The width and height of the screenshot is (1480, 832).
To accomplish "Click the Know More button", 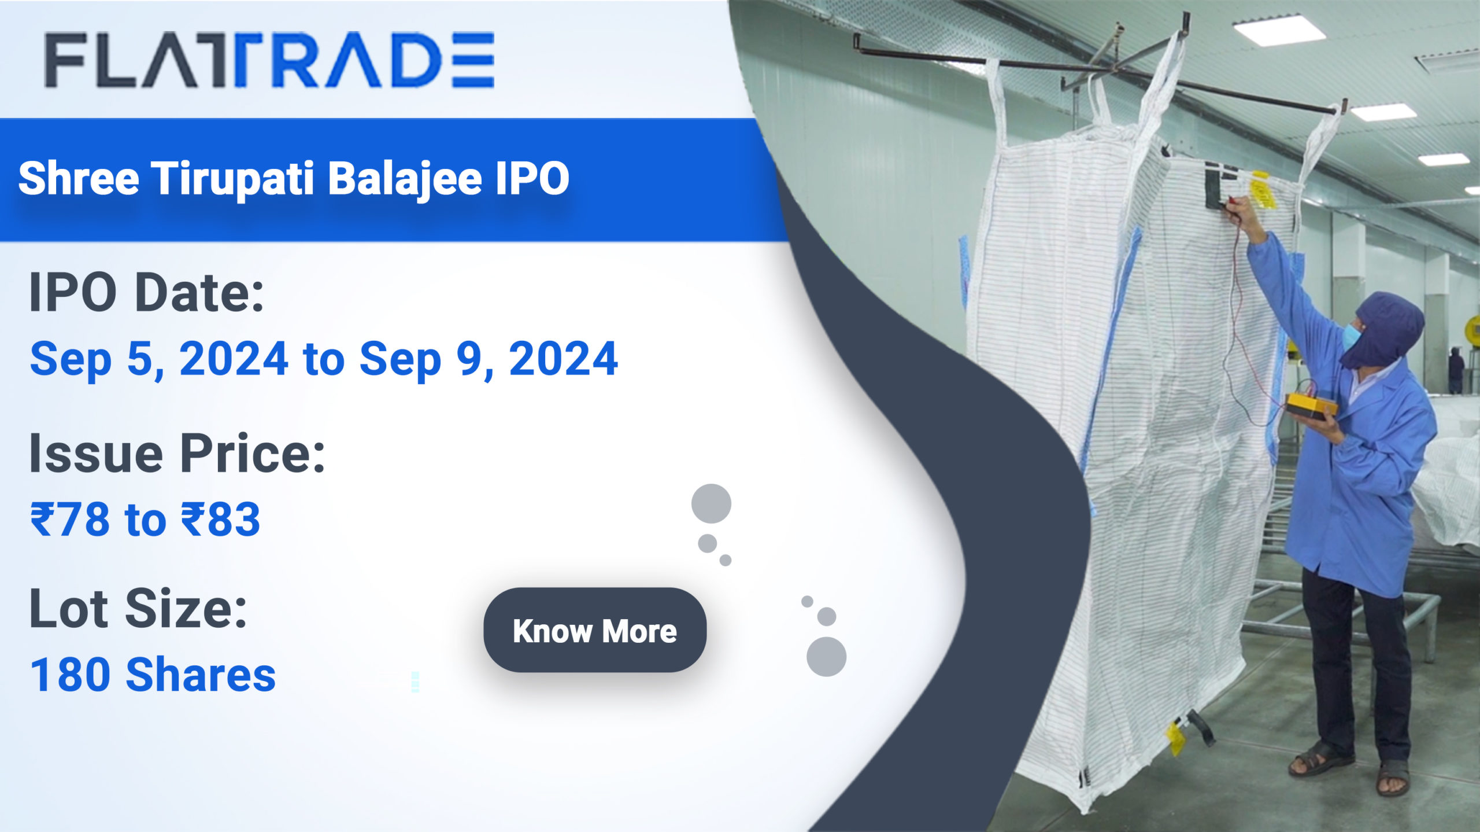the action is click(x=595, y=630).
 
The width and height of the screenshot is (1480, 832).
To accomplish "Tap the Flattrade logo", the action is click(x=269, y=60).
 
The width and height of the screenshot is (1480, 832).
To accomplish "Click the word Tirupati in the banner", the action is click(x=234, y=179).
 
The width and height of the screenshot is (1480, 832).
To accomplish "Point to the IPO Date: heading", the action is click(x=147, y=292).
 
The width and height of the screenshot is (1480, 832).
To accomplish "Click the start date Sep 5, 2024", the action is click(x=159, y=359).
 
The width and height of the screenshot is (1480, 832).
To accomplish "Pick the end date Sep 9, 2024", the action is click(x=489, y=359).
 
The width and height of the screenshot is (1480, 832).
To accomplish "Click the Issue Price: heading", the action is click(x=177, y=453).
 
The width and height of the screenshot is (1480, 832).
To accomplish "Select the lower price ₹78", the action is click(x=70, y=519).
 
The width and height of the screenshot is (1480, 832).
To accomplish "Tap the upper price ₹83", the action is click(x=221, y=519).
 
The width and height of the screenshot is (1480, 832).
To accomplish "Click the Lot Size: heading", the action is click(x=138, y=608).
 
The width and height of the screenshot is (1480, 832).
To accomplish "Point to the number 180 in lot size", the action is click(x=70, y=675).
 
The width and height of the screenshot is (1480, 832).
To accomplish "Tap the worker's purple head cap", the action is click(x=1387, y=330).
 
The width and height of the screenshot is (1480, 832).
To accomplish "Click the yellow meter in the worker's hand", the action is click(x=1311, y=406).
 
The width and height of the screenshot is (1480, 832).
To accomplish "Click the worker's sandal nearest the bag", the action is click(x=1319, y=759).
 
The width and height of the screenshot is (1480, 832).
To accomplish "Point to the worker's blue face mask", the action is click(x=1350, y=336).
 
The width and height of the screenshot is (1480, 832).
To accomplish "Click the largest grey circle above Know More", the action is click(x=711, y=503).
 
